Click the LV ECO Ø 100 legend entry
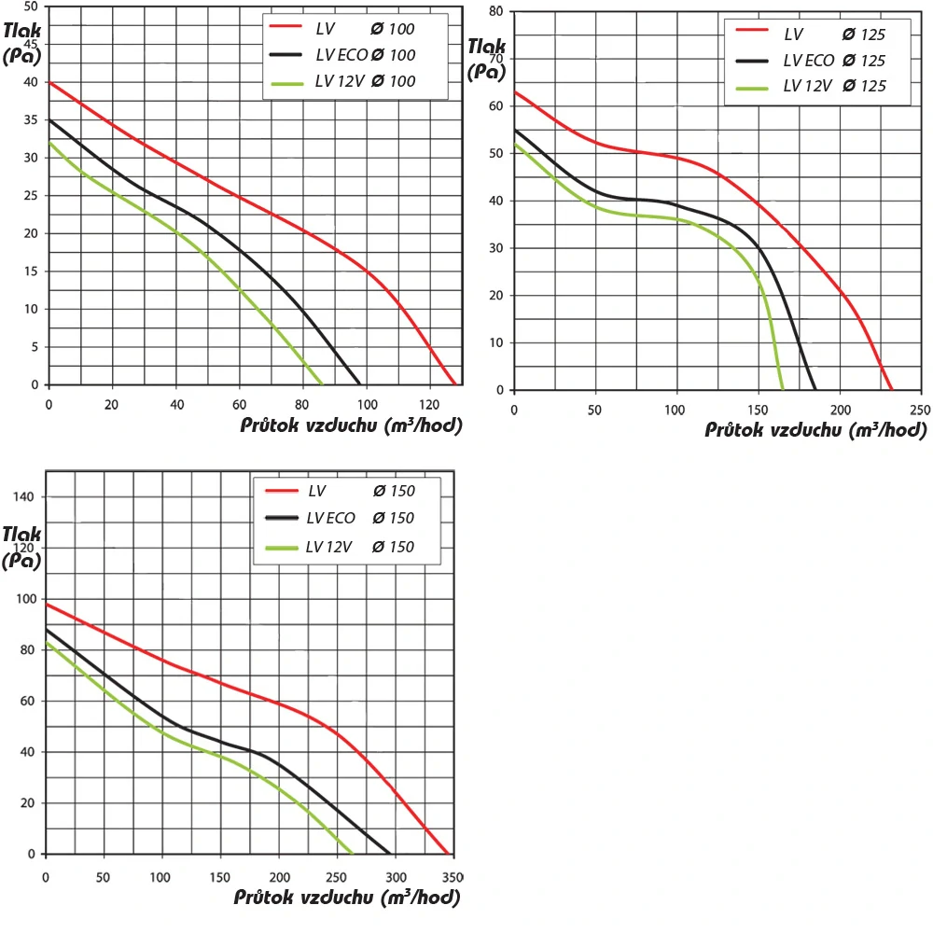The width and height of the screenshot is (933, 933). coord(354,55)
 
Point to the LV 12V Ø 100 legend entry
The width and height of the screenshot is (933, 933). coord(354,81)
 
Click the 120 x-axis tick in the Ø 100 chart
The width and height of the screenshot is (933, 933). coord(428,405)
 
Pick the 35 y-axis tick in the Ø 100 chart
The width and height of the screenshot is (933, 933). coord(32,120)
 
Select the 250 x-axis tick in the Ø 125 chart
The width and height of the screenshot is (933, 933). coord(920,411)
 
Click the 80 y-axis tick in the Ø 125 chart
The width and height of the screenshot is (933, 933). coord(496,11)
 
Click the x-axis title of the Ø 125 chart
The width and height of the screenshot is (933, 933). coord(814,430)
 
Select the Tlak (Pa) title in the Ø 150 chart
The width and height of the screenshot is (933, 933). coord(21,547)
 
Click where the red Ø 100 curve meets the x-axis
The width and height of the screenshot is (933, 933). coord(454,383)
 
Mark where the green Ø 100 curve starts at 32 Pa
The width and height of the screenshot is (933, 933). coord(49,143)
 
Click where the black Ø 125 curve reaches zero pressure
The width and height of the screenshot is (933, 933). coord(815,389)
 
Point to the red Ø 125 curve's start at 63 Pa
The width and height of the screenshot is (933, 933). coord(515,91)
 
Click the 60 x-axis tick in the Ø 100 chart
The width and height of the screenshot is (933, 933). coord(239,405)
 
